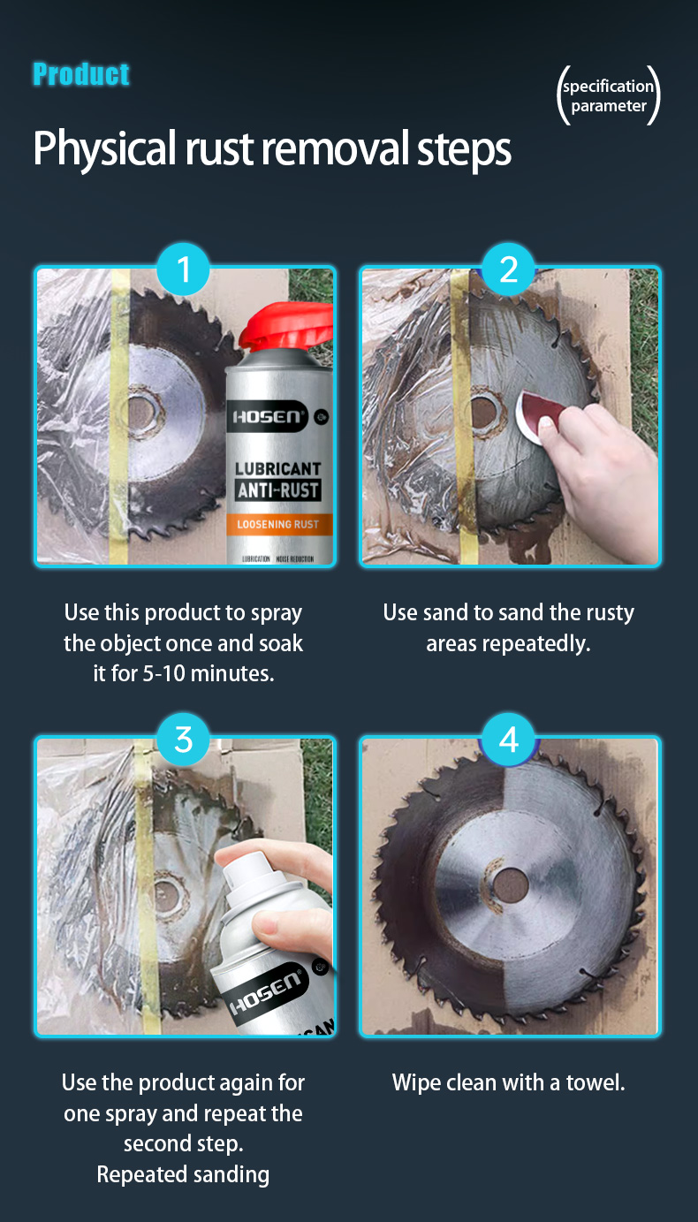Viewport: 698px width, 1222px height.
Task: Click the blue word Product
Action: pyautogui.click(x=81, y=74)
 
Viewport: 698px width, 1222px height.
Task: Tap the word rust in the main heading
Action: pyautogui.click(x=219, y=148)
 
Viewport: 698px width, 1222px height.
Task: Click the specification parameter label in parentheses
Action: pyautogui.click(x=608, y=95)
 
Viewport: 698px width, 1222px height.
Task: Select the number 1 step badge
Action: pyautogui.click(x=183, y=269)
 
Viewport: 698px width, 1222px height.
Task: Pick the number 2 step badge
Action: pyautogui.click(x=509, y=269)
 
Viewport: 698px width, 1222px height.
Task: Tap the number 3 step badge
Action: pyautogui.click(x=183, y=740)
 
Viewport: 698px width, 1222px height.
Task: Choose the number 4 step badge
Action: pyautogui.click(x=509, y=740)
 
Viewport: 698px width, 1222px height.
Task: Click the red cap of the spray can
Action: pyautogui.click(x=287, y=326)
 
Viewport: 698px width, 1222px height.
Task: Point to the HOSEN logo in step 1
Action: pyautogui.click(x=267, y=417)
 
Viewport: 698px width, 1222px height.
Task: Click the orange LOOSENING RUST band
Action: pyautogui.click(x=278, y=524)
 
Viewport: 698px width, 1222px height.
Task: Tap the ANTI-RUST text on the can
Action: pyautogui.click(x=278, y=490)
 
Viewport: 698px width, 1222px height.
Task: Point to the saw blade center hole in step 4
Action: pyautogui.click(x=509, y=884)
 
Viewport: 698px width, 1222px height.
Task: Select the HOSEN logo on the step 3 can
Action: pyautogui.click(x=267, y=991)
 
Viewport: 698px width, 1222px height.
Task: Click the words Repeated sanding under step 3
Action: pyautogui.click(x=183, y=1174)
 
